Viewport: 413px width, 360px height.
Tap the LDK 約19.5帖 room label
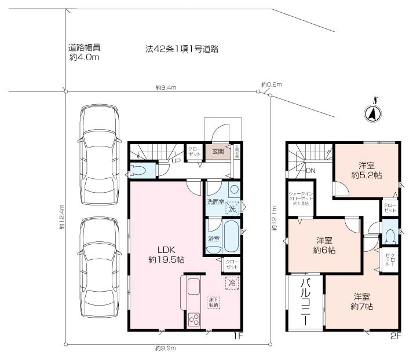pyautogui.click(x=165, y=255)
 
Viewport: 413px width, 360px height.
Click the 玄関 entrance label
pyautogui.click(x=217, y=152)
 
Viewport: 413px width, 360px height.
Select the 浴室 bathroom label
pyautogui.click(x=213, y=239)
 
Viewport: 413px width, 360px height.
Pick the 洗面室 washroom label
pyautogui.click(x=215, y=203)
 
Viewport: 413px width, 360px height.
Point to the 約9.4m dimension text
pyautogui.click(x=166, y=87)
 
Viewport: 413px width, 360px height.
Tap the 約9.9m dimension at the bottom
pyautogui.click(x=166, y=348)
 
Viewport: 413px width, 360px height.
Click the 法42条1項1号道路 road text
pyautogui.click(x=181, y=49)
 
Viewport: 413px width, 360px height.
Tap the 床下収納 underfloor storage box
pyautogui.click(x=214, y=302)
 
